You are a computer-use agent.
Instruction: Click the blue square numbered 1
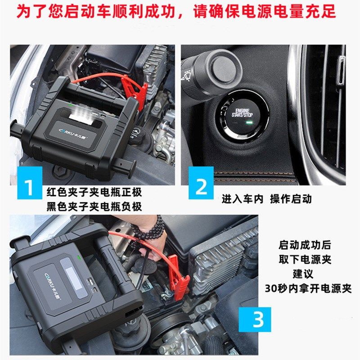pos(30,183)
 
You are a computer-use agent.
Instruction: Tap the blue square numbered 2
pos(201,183)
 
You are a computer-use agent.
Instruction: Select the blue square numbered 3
pos(255,319)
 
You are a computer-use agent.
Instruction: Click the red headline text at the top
pos(176,12)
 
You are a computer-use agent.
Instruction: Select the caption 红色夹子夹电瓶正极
pos(94,192)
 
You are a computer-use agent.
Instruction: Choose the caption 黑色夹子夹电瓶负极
pos(94,207)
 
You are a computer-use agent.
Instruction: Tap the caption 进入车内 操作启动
pos(267,199)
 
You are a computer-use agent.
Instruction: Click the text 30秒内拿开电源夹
pos(308,288)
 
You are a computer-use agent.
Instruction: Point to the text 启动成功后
pos(305,245)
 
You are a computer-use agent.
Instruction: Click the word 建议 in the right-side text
pos(303,274)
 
